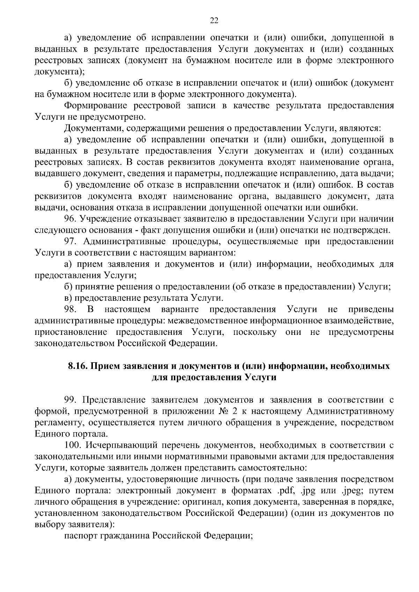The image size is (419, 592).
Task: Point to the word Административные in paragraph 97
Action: (127, 241)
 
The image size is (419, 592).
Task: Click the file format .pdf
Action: (285, 490)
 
